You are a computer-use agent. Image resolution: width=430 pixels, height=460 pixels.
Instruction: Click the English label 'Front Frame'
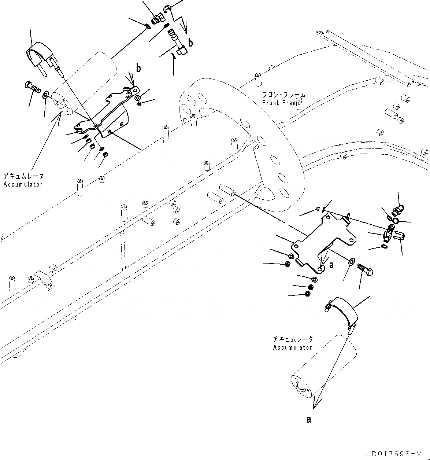point(282,103)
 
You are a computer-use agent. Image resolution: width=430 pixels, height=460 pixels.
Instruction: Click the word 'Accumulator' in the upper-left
point(23,184)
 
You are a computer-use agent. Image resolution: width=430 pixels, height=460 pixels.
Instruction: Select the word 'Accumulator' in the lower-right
point(293,347)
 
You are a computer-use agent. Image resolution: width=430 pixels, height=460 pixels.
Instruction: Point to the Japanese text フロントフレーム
point(284,95)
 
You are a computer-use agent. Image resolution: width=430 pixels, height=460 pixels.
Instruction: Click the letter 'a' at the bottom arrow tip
point(309,419)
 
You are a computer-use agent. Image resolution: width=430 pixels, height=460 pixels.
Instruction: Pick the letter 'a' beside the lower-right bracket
point(331,265)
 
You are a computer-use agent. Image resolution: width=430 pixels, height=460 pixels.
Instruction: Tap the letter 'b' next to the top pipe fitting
point(190,43)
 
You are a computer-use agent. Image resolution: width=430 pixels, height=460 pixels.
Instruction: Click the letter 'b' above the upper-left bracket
point(138,68)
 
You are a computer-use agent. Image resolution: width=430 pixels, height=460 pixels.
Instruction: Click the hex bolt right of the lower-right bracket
point(365,272)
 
